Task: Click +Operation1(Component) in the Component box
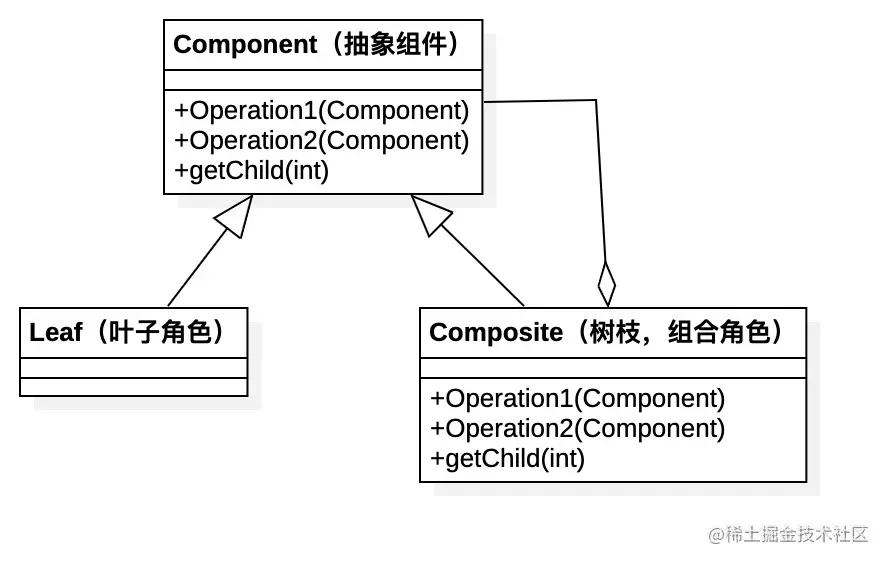(x=321, y=111)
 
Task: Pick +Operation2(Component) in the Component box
(x=321, y=141)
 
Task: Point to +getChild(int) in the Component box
(x=251, y=171)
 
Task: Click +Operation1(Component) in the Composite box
(x=577, y=398)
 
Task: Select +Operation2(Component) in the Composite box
(x=577, y=428)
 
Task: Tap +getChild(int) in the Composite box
(x=507, y=459)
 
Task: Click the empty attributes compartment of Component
(x=322, y=80)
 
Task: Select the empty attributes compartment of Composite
(x=612, y=368)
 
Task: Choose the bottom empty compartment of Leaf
(x=133, y=386)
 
